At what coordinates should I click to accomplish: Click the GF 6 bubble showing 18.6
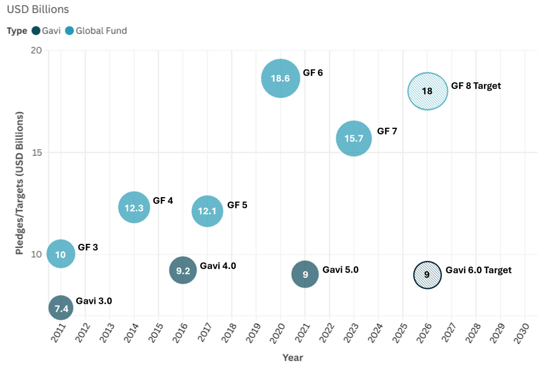click(x=280, y=78)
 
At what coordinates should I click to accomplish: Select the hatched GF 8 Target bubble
click(x=427, y=91)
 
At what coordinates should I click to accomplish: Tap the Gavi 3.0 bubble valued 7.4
click(x=61, y=307)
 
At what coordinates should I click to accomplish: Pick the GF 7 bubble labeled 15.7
click(x=354, y=138)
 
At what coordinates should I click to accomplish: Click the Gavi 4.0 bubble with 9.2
click(x=183, y=271)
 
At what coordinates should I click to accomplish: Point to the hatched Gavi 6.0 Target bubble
click(x=427, y=274)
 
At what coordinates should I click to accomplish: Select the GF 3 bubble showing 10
click(x=61, y=254)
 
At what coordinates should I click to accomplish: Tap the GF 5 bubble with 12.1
click(x=207, y=211)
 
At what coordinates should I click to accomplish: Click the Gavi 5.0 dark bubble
click(x=305, y=274)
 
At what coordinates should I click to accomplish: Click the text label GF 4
click(x=163, y=200)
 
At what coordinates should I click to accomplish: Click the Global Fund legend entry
click(x=96, y=31)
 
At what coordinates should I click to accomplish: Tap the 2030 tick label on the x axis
click(x=524, y=333)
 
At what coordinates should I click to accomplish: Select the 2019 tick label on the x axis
click(x=256, y=333)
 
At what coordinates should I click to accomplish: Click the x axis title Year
click(x=292, y=358)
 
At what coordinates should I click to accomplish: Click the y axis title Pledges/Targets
click(x=20, y=183)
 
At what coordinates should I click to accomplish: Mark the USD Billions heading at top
click(x=38, y=10)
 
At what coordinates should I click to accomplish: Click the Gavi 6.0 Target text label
click(x=478, y=270)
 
